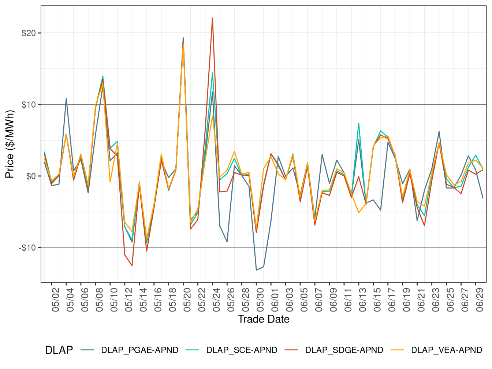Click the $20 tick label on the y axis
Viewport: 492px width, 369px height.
[x=29, y=33]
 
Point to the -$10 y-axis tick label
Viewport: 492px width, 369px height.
[x=27, y=248]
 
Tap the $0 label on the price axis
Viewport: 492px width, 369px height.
[x=31, y=176]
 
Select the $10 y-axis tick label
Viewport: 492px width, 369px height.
[x=29, y=105]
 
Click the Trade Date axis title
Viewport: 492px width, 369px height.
[x=264, y=319]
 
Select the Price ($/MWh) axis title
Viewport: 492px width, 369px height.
[x=10, y=144]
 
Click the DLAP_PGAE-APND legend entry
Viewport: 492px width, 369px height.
[x=139, y=350]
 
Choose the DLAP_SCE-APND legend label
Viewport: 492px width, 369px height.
[x=242, y=350]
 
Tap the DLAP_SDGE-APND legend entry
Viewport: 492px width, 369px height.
[x=344, y=350]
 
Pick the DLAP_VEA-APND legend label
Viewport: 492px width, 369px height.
[x=447, y=350]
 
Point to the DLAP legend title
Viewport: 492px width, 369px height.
[x=59, y=350]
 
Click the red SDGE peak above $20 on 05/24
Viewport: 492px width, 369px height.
[x=212, y=18]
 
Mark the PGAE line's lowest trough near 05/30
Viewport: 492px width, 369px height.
[x=256, y=270]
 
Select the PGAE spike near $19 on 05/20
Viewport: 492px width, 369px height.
[x=183, y=38]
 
